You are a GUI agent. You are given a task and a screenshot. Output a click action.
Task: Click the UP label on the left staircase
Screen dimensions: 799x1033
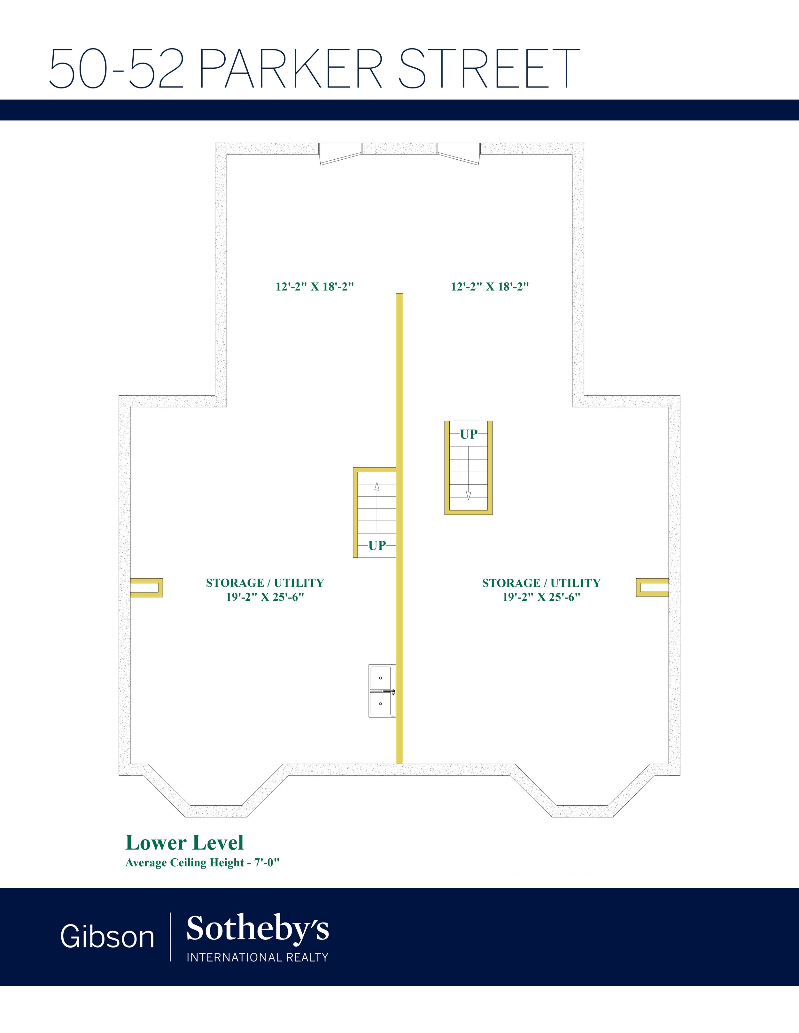377,545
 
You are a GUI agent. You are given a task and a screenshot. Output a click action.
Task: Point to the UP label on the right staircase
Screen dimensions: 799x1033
469,434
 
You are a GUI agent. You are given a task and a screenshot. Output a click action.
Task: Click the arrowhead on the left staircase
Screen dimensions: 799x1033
377,486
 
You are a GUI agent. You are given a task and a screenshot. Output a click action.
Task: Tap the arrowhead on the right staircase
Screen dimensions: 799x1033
469,495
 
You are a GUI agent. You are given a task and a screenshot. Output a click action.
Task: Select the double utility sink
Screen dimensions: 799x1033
382,691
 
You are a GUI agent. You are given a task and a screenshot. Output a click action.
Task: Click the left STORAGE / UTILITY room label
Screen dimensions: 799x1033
265,590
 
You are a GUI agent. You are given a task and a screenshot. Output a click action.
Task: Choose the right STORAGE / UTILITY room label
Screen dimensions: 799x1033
541,590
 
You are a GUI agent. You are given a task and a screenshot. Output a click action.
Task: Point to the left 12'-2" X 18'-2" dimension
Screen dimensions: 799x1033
315,287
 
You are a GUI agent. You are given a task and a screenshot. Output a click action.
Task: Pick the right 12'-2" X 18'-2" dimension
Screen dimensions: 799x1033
490,287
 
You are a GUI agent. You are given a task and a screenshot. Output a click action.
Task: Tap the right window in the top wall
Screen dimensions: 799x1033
459,154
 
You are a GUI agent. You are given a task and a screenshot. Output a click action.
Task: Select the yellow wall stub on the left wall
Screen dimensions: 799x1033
147,588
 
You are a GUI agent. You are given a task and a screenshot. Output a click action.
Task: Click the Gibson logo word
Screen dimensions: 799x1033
107,937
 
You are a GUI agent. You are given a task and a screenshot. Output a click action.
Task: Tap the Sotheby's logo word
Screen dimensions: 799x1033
258,929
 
